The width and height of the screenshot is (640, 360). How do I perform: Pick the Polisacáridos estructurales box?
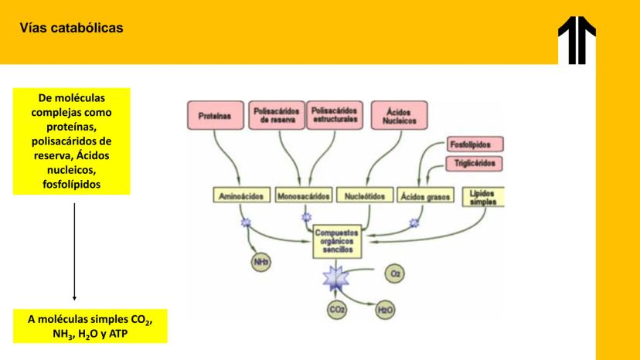(x=335, y=115)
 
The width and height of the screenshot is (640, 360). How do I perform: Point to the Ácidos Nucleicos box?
(x=400, y=116)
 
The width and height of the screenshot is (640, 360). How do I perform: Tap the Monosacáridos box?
(x=304, y=196)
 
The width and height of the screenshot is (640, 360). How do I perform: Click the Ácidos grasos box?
(x=425, y=196)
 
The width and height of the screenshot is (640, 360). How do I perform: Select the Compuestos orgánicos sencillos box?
(x=336, y=241)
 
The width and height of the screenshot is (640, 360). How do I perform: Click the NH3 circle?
(x=261, y=263)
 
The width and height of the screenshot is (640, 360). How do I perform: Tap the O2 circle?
(x=397, y=273)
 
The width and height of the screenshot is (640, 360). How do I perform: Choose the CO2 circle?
(x=337, y=311)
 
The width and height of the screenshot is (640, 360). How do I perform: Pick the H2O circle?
(x=384, y=311)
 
